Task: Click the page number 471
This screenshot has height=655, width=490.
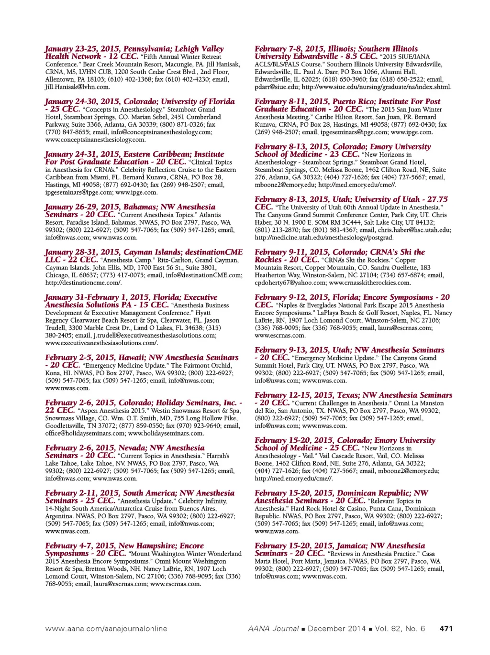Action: click(445, 628)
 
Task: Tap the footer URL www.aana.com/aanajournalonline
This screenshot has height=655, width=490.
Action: click(106, 628)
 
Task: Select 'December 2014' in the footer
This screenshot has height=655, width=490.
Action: click(336, 628)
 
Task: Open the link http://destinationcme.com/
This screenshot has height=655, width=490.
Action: click(83, 283)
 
